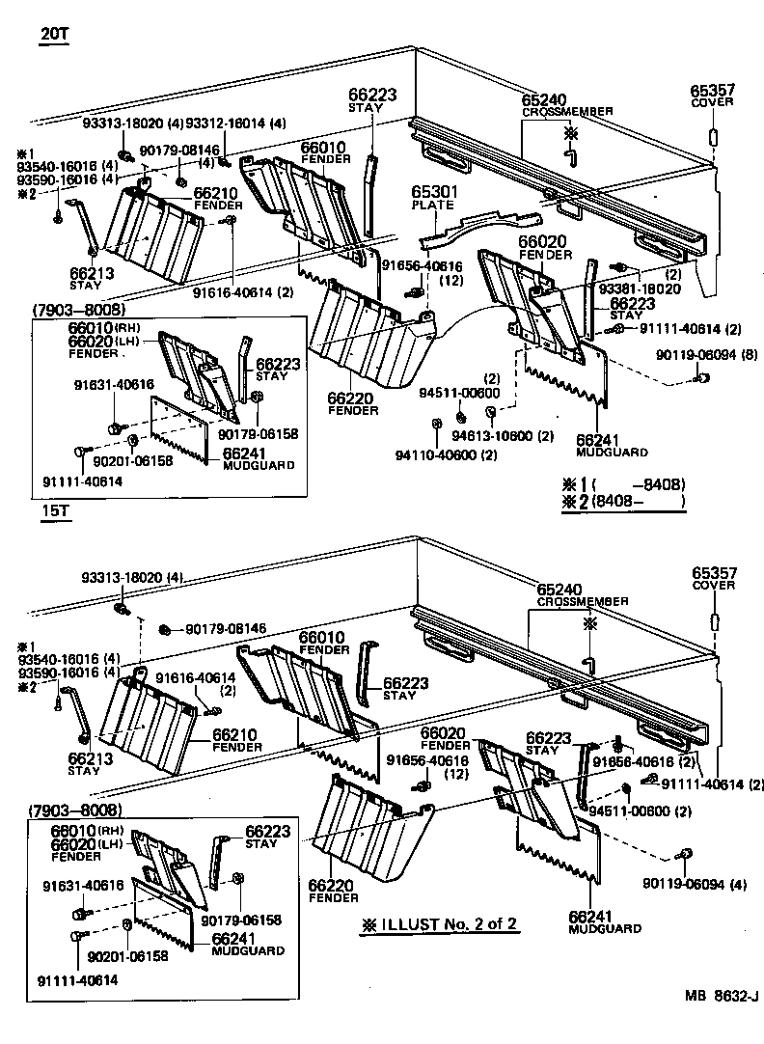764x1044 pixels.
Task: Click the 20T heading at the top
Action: [x=55, y=36]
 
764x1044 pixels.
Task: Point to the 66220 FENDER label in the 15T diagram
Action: [x=329, y=891]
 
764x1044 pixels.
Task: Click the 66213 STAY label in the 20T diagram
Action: [x=92, y=279]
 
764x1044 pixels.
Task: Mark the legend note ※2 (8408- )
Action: [x=623, y=501]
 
